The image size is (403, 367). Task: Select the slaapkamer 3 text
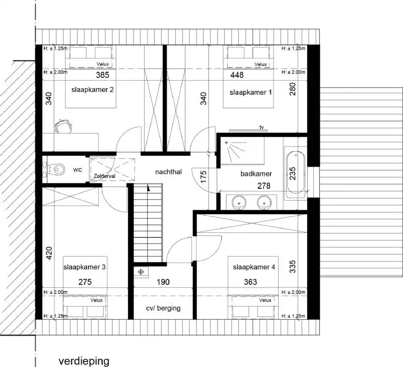(84, 267)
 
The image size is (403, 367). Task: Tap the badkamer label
(256, 174)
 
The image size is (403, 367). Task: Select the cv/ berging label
(163, 308)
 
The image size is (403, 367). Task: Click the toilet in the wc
(56, 168)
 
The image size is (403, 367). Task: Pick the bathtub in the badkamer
(295, 171)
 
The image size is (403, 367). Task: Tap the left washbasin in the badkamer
(239, 203)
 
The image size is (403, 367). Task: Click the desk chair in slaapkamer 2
(62, 126)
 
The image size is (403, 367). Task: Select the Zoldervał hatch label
(104, 175)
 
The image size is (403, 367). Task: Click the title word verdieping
(84, 361)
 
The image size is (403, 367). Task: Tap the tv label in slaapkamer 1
(261, 127)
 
